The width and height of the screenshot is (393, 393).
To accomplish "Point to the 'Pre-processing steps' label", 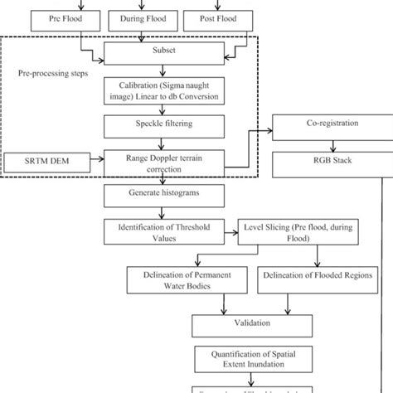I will click(x=52, y=74).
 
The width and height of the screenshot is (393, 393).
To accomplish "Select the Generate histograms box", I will click(x=152, y=196).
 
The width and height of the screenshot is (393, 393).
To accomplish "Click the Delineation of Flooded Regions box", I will click(x=315, y=275).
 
